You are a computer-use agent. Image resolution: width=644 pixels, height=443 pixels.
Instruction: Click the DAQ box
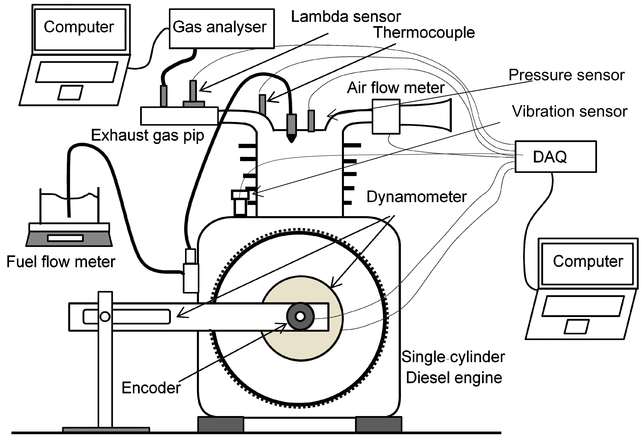(x=555, y=156)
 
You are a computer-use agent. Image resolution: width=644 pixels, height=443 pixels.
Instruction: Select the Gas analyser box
(x=222, y=29)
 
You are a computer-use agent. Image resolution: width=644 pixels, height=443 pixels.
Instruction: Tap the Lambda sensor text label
(x=346, y=17)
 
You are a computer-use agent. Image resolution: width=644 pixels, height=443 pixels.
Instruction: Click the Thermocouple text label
(x=424, y=32)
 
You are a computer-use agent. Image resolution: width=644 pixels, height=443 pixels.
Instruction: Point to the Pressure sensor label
(x=567, y=75)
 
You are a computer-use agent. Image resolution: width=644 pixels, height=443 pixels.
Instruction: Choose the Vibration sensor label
(x=570, y=111)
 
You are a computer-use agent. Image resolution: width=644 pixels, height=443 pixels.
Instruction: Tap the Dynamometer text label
(x=417, y=197)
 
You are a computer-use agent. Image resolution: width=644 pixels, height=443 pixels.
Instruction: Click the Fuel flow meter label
(x=61, y=262)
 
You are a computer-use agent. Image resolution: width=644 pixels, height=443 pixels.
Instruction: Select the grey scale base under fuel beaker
(x=69, y=239)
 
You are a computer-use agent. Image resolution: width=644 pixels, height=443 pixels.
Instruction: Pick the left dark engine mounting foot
(x=221, y=424)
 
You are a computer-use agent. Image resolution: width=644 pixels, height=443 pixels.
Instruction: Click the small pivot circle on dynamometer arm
(x=105, y=316)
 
